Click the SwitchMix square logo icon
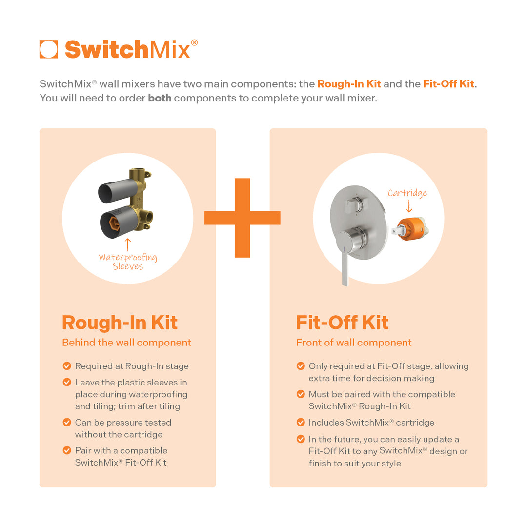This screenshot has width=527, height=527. coord(49,49)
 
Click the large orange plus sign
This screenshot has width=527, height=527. coord(243,218)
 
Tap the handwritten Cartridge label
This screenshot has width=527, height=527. coord(407,193)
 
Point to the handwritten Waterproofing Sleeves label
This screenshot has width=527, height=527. coord(128,262)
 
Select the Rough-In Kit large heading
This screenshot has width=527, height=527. coord(120,323)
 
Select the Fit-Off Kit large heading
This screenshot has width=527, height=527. coord(342,323)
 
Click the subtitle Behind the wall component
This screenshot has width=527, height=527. coord(126,343)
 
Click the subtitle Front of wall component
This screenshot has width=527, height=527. coord(353,343)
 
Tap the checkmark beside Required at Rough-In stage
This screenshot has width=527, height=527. coord(67,366)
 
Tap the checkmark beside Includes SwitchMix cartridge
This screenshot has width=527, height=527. coord(301,423)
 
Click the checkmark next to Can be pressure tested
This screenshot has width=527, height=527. coord(67,423)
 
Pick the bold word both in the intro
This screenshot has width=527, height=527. coord(160,98)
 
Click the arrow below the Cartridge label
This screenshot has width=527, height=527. coord(409,207)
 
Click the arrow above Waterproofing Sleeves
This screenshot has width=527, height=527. coord(128,244)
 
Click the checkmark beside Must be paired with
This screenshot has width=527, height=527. coord(301,394)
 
